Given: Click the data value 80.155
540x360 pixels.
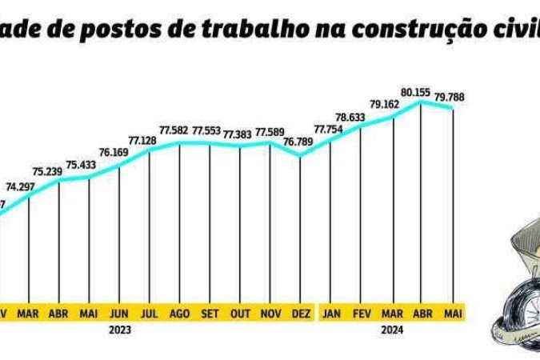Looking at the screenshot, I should (417, 93).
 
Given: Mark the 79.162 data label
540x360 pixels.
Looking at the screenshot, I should (387, 104).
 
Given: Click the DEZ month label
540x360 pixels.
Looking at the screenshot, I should (301, 313).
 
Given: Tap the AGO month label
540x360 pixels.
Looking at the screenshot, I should (180, 313).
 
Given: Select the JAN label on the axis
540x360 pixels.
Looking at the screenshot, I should (330, 313).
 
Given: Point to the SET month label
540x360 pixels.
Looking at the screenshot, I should (210, 313).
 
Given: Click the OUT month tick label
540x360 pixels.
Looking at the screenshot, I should (240, 313).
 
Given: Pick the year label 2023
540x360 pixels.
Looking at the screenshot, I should (119, 329).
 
